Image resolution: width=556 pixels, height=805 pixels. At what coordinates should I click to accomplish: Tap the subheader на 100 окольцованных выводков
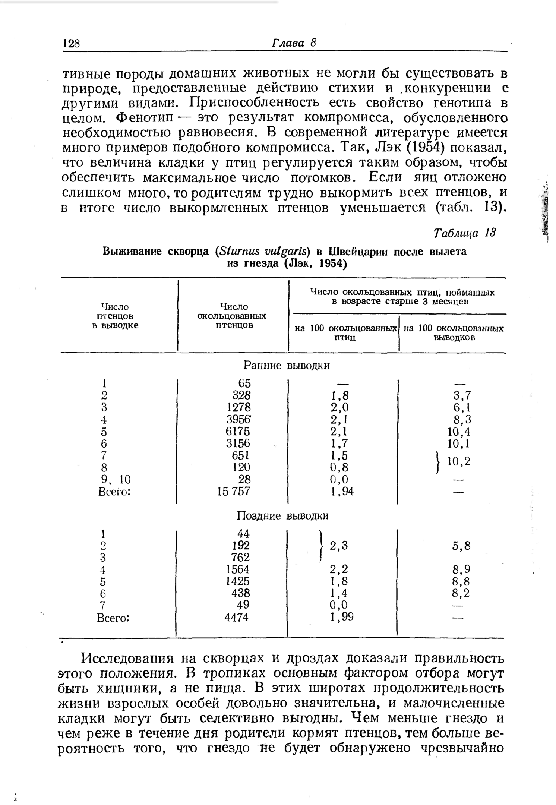click(454, 333)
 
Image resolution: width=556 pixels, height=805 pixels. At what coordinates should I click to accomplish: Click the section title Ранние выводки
click(286, 366)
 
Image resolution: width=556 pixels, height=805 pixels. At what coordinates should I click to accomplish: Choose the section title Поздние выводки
click(283, 516)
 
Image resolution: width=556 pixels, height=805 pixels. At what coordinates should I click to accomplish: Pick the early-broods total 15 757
click(234, 491)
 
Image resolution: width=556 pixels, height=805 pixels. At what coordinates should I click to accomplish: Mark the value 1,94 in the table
click(341, 492)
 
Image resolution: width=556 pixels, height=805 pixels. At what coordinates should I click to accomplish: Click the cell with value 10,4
click(459, 432)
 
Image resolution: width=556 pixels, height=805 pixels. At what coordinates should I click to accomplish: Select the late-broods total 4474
click(236, 618)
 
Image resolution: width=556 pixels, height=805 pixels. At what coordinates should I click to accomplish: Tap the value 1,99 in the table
click(341, 618)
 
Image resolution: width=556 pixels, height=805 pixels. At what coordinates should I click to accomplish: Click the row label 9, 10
click(114, 479)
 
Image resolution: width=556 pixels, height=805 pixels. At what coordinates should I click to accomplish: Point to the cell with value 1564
click(237, 569)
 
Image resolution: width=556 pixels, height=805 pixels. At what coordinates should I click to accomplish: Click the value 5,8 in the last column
click(461, 546)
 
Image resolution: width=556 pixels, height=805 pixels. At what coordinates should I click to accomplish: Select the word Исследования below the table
click(127, 659)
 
